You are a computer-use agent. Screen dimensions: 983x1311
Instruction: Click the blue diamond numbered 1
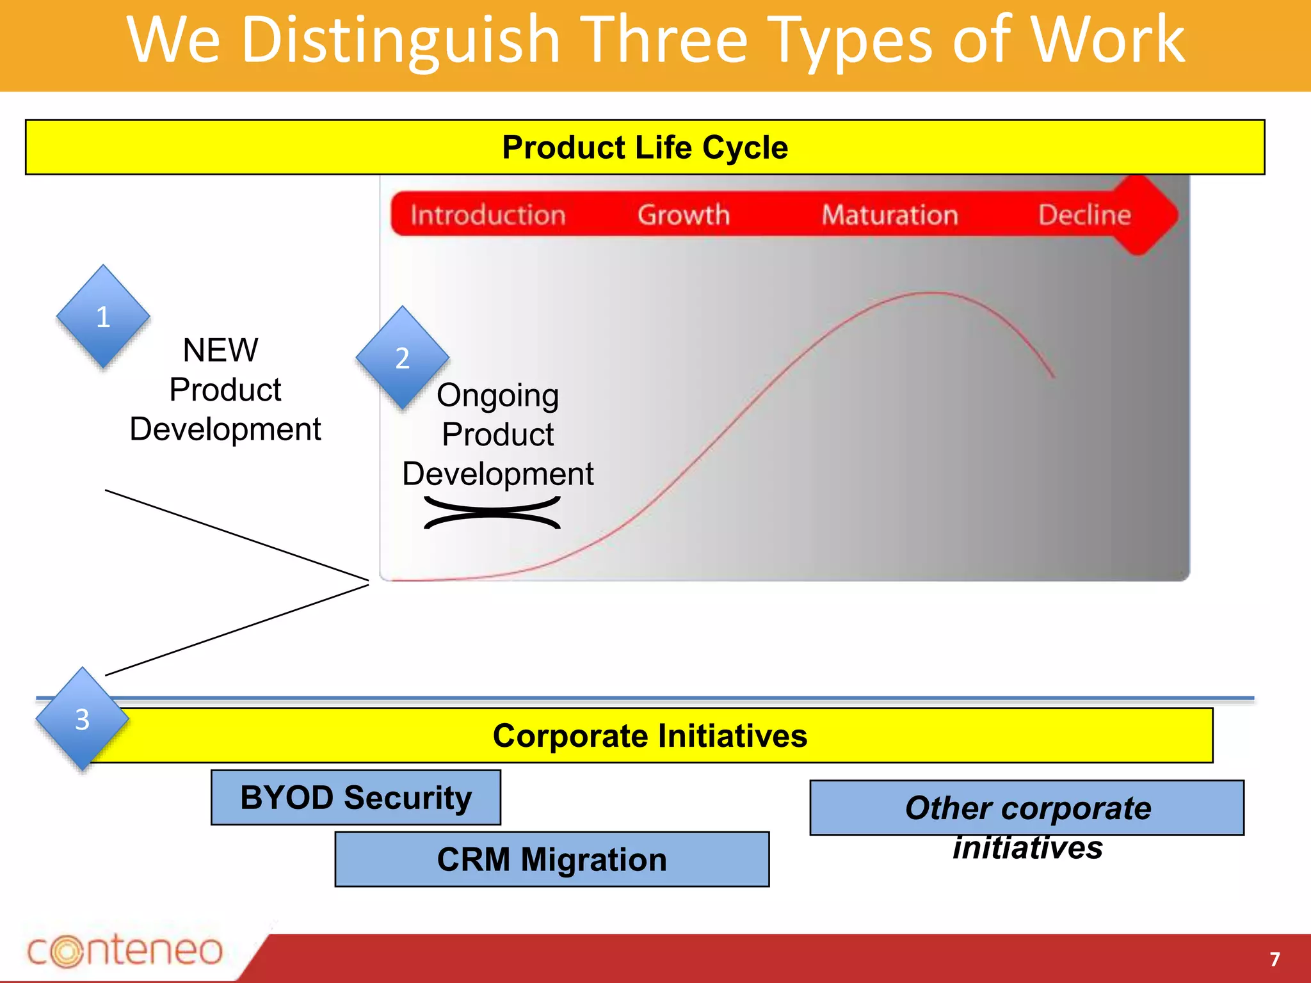(x=103, y=316)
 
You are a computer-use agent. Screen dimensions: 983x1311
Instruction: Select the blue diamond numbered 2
(x=402, y=358)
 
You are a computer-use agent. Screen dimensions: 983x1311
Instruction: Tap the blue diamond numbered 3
(x=82, y=719)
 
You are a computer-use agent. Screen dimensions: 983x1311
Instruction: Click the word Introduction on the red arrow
(x=488, y=215)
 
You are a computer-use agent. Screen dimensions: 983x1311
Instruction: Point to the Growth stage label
(x=684, y=215)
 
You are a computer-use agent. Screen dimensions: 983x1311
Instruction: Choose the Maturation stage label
(x=890, y=215)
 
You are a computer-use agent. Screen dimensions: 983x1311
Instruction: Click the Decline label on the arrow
(x=1084, y=215)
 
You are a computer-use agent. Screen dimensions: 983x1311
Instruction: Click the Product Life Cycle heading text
(x=645, y=147)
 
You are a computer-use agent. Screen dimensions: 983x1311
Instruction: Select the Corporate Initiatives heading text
(x=650, y=735)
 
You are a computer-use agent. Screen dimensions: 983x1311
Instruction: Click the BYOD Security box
(x=356, y=797)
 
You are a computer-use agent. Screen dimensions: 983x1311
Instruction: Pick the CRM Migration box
(x=552, y=859)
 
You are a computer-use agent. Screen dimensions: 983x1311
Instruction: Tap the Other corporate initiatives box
(x=1027, y=808)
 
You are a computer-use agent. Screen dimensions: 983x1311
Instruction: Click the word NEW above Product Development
(x=221, y=350)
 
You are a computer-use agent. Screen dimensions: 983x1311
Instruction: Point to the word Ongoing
(x=497, y=396)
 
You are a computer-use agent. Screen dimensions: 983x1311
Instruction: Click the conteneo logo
(x=125, y=950)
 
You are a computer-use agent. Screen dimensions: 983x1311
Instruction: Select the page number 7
(x=1275, y=959)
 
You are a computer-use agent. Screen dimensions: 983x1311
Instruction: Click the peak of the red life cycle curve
(x=933, y=293)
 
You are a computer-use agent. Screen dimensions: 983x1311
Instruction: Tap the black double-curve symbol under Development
(x=492, y=513)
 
